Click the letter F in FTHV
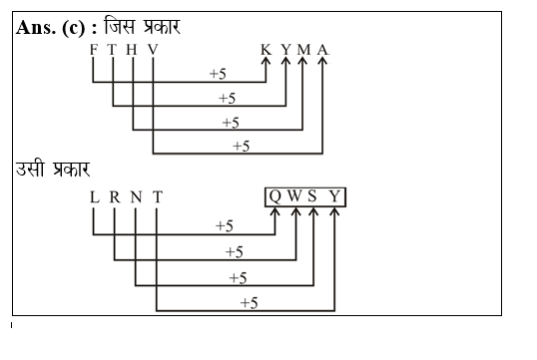93,50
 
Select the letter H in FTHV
133,50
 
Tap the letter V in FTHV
153,50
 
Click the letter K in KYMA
266,50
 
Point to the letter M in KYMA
303,50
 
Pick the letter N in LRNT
136,197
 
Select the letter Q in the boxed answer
274,197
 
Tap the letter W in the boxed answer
295,197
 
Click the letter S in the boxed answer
313,197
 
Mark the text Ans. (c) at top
57,26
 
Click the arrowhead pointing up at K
266,63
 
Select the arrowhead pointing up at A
322,63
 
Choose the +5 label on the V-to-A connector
241,146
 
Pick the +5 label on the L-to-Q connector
225,226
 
